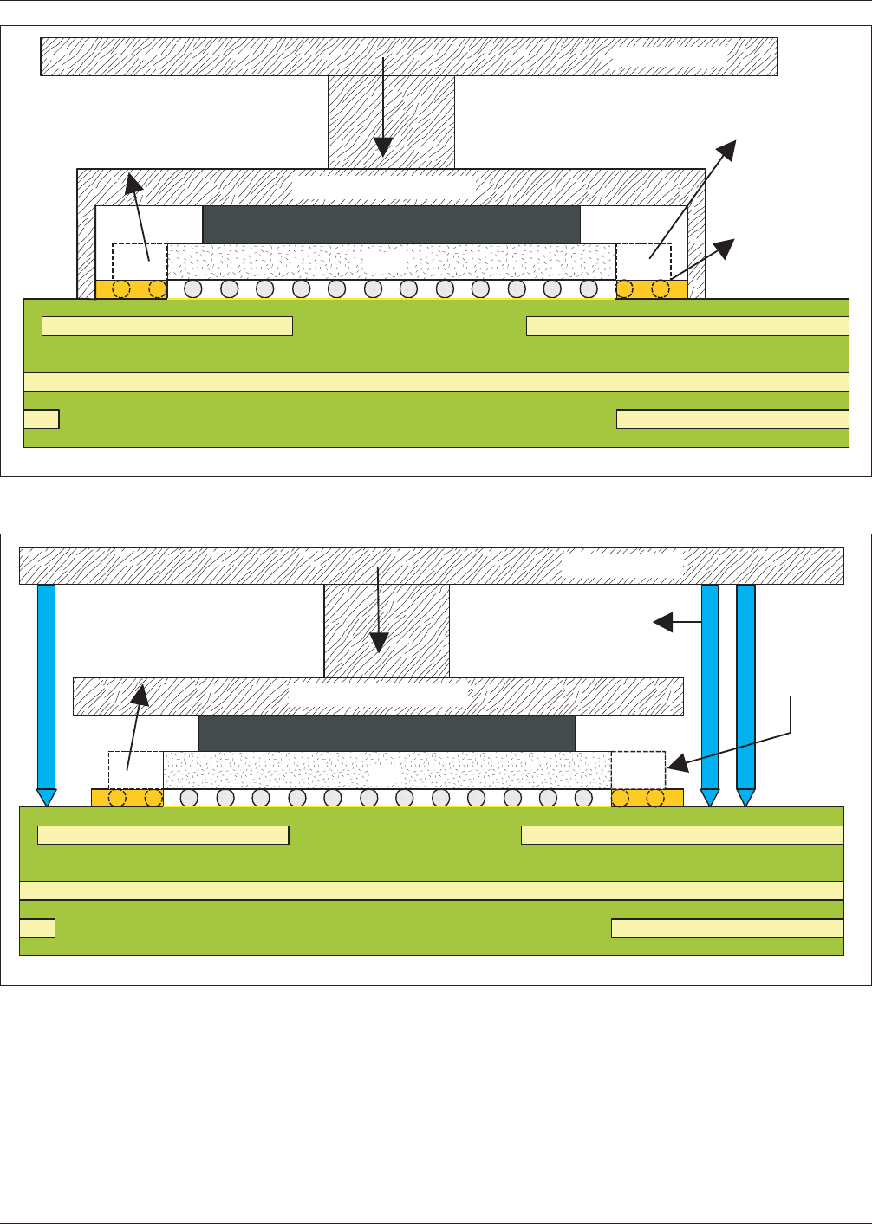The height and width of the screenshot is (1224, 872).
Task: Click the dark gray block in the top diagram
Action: (391, 224)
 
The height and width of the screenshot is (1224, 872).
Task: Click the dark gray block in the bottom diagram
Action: (387, 733)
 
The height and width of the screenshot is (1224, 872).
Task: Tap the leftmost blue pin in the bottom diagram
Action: (47, 684)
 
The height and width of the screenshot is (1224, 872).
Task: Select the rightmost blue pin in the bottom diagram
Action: (745, 684)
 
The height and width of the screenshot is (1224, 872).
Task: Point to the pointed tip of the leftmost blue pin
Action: (47, 798)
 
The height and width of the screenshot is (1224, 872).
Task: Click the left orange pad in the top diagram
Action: (131, 288)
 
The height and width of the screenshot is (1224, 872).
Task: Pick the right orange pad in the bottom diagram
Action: (647, 797)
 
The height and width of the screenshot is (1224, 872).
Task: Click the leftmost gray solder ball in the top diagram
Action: (193, 288)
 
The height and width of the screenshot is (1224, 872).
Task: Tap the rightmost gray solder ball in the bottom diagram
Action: (583, 797)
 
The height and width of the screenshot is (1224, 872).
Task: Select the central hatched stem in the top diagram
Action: (391, 121)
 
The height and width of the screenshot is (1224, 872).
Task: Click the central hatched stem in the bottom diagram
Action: (387, 631)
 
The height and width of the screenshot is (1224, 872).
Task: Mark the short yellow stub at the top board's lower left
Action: (41, 419)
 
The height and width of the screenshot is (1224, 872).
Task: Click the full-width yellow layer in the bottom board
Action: (431, 890)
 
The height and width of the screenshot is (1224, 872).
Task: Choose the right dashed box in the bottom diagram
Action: (638, 769)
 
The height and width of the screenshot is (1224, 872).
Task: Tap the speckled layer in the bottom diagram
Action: (387, 769)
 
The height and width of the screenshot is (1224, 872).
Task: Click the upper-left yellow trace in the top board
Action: (167, 326)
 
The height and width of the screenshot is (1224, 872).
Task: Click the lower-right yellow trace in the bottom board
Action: (727, 928)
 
